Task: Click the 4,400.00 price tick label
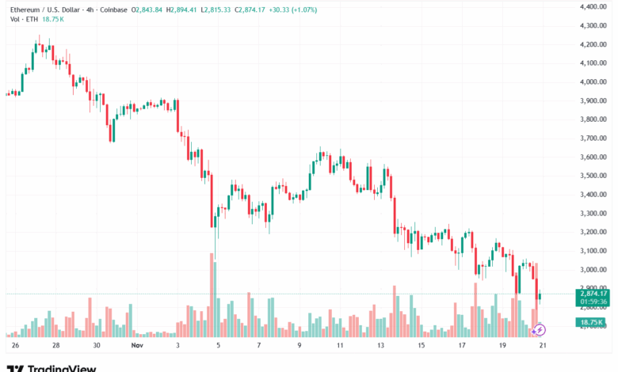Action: (593, 6)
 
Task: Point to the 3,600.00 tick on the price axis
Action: (593, 157)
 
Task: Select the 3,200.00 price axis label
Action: (593, 232)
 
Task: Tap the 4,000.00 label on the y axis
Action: (593, 82)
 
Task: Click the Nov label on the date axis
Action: (137, 346)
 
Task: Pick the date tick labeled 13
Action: (380, 346)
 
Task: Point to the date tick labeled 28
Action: (55, 346)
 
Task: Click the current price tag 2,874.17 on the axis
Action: (593, 293)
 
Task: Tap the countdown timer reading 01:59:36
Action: (593, 302)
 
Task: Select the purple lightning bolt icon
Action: (541, 328)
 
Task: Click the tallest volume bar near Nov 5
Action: (213, 294)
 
